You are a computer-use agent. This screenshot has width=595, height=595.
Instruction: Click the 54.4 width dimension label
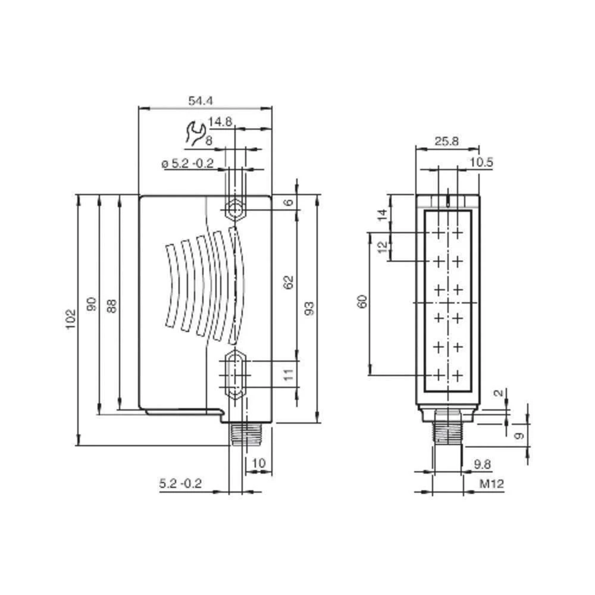click(201, 101)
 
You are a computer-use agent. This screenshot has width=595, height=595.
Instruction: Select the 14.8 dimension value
click(220, 122)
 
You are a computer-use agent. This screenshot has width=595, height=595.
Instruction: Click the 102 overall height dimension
click(70, 320)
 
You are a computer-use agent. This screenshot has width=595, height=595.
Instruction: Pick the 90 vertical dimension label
click(91, 305)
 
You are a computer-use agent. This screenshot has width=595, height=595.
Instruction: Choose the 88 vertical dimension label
click(112, 305)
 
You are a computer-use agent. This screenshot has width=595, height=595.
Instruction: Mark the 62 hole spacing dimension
click(288, 282)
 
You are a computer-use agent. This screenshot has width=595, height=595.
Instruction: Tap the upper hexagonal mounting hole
click(234, 209)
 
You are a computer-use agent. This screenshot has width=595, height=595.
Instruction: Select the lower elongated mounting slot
click(234, 375)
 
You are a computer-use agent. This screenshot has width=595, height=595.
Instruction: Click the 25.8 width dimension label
click(446, 141)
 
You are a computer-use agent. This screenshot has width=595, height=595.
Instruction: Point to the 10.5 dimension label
click(481, 162)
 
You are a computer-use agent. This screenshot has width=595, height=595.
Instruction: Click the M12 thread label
click(492, 484)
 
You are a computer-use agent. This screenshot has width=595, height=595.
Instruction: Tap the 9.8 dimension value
click(482, 464)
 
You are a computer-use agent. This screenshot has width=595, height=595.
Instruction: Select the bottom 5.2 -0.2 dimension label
click(180, 484)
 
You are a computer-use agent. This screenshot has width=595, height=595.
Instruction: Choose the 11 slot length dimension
click(288, 375)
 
